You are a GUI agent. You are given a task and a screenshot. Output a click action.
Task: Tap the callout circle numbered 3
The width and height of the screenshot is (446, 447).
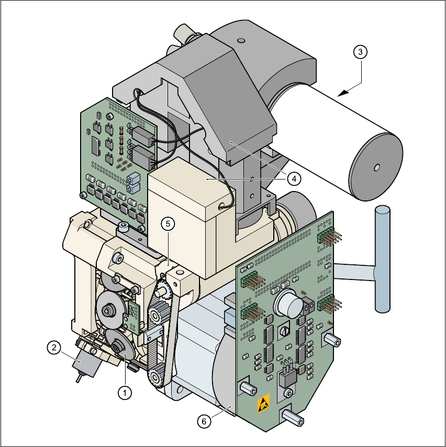pos(360,52)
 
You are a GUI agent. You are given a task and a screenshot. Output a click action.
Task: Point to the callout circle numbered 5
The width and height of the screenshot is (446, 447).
pos(168,223)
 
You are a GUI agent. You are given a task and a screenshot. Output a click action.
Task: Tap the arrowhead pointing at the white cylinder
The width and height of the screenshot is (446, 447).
pos(342,93)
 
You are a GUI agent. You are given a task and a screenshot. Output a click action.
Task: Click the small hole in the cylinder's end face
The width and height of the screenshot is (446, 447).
pos(376,167)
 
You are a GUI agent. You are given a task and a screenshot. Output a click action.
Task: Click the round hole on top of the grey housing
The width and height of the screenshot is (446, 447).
pos(240,40)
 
